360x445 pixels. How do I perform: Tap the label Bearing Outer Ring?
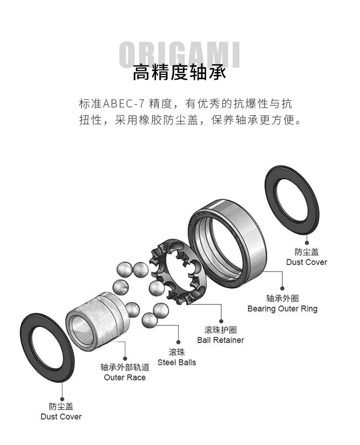pos(282,309)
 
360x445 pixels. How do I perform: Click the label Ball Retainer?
pos(220,340)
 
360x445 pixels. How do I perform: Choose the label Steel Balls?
pos(177,362)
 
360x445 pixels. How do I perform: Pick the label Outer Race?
pos(125,377)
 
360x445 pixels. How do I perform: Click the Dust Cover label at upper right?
pos(306,262)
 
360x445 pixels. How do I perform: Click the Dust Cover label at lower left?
pos(61,417)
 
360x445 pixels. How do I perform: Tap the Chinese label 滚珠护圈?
pos(220,330)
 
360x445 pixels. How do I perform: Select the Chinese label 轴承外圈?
pos(282,299)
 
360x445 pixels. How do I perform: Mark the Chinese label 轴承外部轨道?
pos(125,367)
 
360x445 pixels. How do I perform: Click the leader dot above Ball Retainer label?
pos(221,321)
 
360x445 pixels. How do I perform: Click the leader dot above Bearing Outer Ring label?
pos(282,289)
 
